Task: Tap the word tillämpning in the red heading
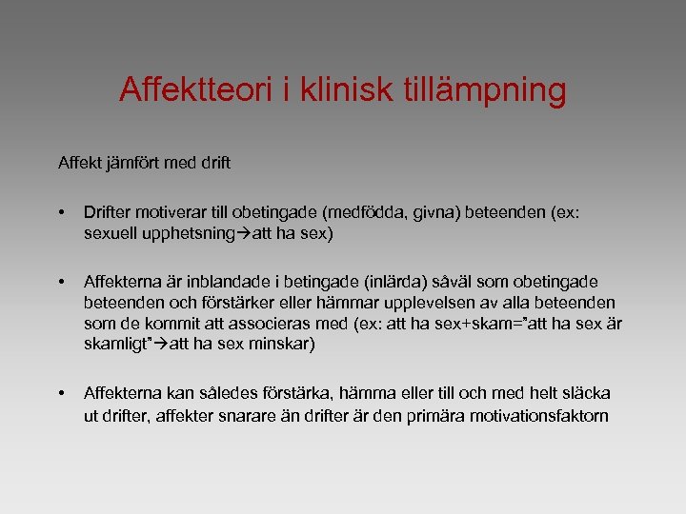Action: pyautogui.click(x=490, y=90)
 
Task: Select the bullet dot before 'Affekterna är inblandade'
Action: pyautogui.click(x=61, y=283)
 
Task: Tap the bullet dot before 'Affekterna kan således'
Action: pyautogui.click(x=61, y=393)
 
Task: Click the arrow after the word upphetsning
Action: pyautogui.click(x=245, y=232)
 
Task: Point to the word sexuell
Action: pyautogui.click(x=108, y=232)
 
